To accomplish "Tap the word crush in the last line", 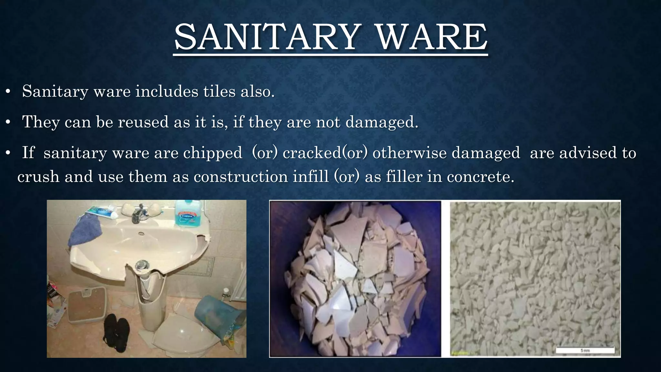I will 38,177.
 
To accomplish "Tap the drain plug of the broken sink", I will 141,265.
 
